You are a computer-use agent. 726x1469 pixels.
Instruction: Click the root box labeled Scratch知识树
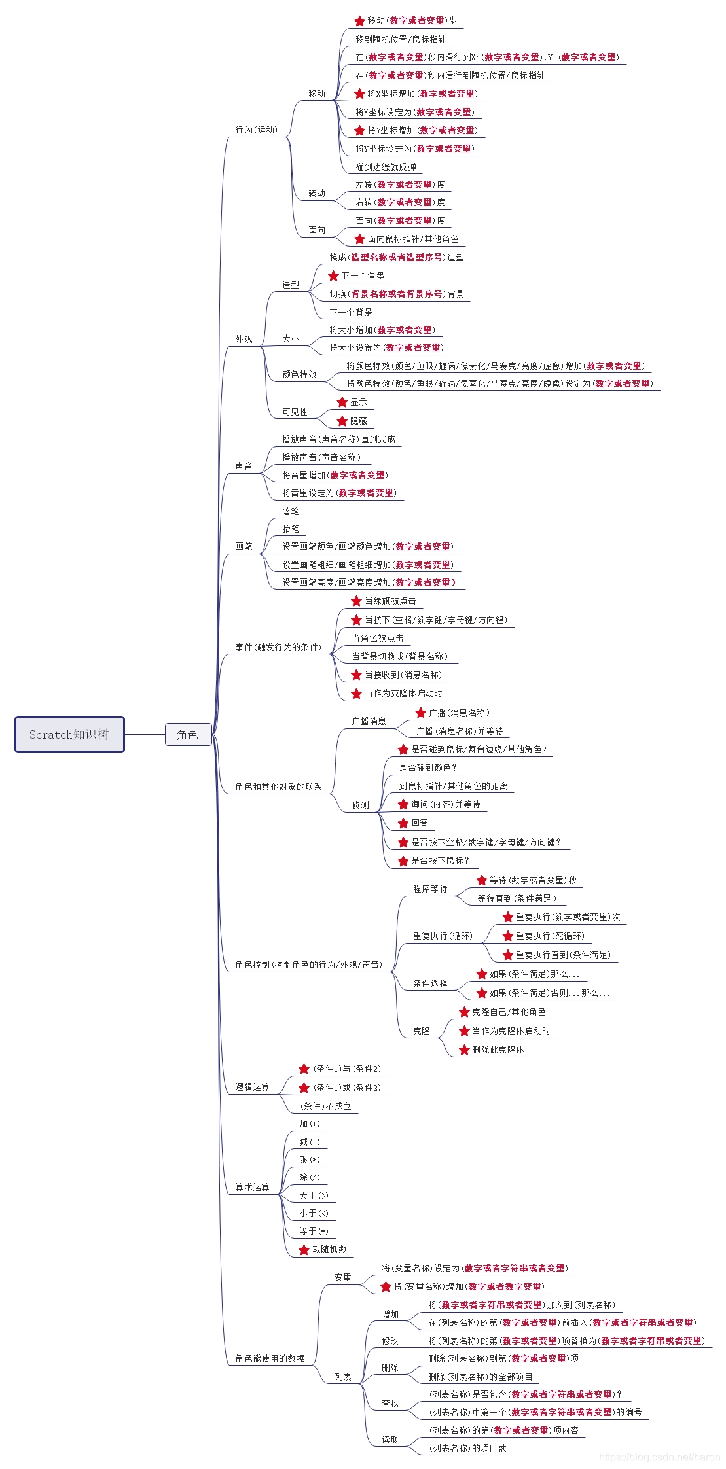pos(69,734)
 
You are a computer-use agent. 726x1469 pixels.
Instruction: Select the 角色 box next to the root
pos(188,734)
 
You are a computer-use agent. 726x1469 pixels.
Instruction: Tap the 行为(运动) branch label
pos(257,130)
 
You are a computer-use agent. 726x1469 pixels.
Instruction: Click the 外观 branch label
pos(244,339)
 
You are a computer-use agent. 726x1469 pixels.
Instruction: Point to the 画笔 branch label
pos(244,546)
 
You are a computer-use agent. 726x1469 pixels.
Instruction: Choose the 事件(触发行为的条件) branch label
pos(278,647)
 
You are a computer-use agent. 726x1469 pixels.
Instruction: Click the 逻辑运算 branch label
pos(253,1087)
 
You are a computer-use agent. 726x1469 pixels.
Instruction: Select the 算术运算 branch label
pos(253,1187)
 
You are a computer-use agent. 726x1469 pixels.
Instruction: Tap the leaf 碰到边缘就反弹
pos(386,167)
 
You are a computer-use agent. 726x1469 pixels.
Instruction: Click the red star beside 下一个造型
pos(334,275)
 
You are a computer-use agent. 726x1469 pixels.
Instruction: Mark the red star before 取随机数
pos(304,1249)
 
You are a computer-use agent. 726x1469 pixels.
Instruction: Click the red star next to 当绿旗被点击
pos(356,601)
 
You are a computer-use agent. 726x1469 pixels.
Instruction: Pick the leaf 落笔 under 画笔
pos(291,511)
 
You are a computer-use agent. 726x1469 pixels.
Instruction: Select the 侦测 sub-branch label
pos(361,805)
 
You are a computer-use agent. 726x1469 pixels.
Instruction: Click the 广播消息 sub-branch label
pos(369,721)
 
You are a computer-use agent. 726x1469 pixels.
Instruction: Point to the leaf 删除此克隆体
pos(498,1050)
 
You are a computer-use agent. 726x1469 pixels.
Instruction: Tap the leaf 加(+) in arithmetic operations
pos(310,1124)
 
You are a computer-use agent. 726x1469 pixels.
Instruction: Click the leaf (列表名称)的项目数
pos(467,1448)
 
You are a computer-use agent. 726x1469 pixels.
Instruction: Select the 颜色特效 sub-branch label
pos(299,374)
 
